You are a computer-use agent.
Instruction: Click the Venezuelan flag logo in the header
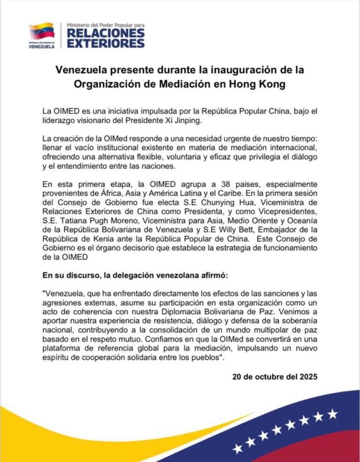42,31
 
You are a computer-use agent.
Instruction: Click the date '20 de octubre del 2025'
275,376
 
